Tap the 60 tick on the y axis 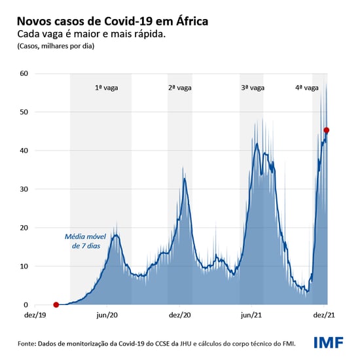(x=24, y=73)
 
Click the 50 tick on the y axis (x=24, y=112)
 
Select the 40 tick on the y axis (x=24, y=151)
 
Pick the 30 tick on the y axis (x=24, y=189)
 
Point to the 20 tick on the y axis (x=24, y=228)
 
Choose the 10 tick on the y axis (x=24, y=266)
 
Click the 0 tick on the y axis (x=26, y=305)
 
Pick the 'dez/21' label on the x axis (x=325, y=315)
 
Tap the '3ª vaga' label (x=253, y=87)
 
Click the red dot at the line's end (x=327, y=130)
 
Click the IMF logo (x=329, y=342)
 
